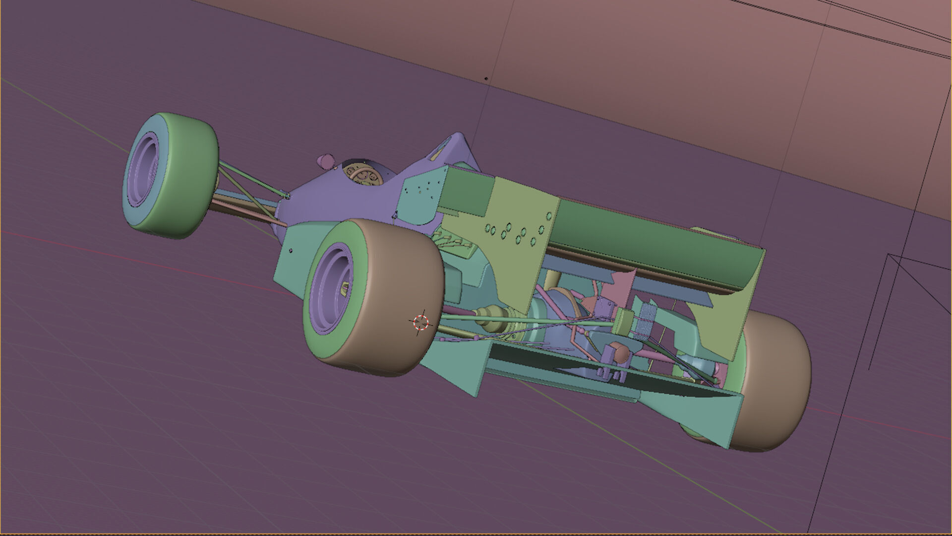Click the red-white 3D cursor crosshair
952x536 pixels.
(x=420, y=322)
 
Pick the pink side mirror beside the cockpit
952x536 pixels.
(x=326, y=161)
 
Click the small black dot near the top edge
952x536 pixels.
(x=486, y=78)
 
